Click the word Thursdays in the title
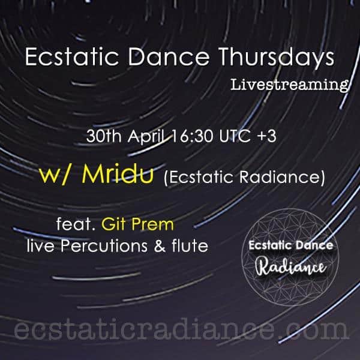[x=276, y=58]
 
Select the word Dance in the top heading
[x=169, y=57]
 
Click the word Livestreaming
[x=290, y=85]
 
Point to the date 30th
[x=104, y=136]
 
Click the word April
[x=148, y=137]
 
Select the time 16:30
[x=193, y=136]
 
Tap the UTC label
[x=235, y=136]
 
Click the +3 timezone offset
[x=266, y=136]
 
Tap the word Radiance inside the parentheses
[x=282, y=178]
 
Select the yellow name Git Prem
[x=137, y=224]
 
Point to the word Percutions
[x=104, y=246]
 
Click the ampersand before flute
[x=160, y=246]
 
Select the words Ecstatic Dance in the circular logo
[x=290, y=245]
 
